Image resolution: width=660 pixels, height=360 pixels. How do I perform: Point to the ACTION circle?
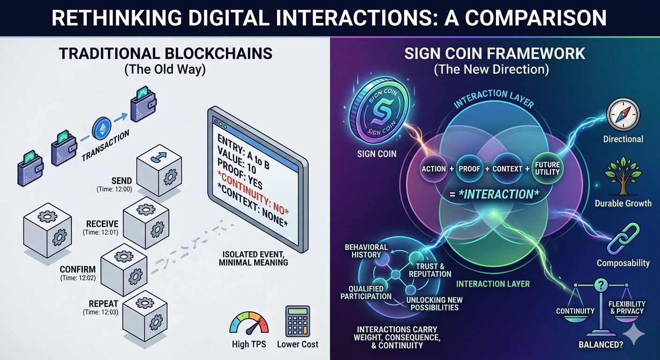click(434, 169)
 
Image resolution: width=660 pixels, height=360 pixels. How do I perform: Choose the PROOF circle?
click(469, 169)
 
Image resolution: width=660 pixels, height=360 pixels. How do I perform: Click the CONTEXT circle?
click(507, 169)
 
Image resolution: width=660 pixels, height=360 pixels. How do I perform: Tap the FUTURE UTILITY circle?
click(547, 168)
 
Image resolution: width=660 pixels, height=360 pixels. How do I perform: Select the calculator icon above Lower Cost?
click(297, 321)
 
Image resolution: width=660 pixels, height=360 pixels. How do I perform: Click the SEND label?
click(122, 180)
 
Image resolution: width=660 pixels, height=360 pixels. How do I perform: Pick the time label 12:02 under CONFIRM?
click(77, 278)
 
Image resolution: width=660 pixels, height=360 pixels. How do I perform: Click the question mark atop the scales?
click(600, 285)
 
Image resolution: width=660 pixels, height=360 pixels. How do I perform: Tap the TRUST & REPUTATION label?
click(430, 270)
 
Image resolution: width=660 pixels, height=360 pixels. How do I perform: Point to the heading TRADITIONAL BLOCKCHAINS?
click(165, 53)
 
